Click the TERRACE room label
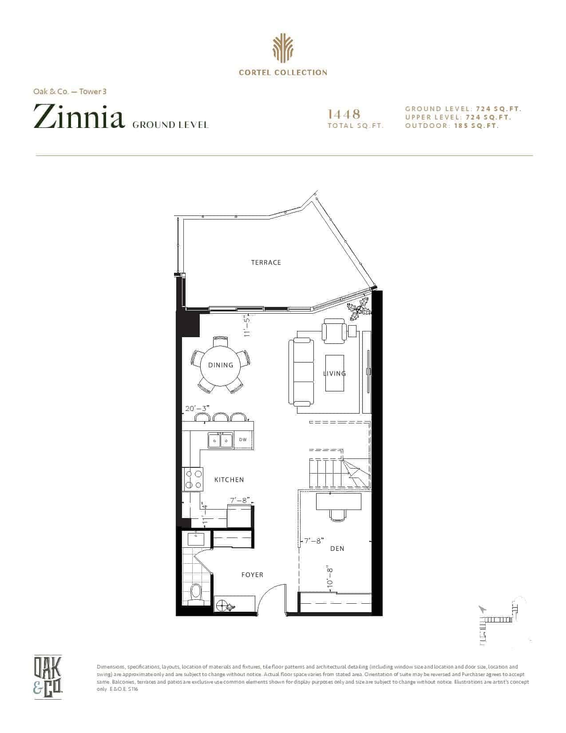[x=265, y=263]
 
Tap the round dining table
[x=221, y=365]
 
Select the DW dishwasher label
[x=243, y=439]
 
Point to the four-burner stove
[x=193, y=480]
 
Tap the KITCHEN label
[x=229, y=480]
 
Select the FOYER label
[x=252, y=575]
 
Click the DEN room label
[x=337, y=549]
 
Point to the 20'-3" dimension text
[x=198, y=408]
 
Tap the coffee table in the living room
[x=334, y=373]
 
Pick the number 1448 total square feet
[x=344, y=114]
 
